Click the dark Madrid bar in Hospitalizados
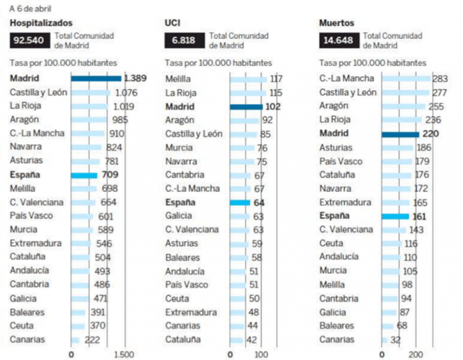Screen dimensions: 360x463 96,78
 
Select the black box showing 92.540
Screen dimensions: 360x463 29,41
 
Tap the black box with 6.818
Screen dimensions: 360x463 184,41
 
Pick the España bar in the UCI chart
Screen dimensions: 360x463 239,202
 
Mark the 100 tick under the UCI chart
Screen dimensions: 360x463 262,354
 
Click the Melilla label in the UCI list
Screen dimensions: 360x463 178,78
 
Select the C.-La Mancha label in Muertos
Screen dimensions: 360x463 346,78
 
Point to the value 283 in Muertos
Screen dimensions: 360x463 440,78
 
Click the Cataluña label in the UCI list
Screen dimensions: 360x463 183,339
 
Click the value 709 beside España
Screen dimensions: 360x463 110,175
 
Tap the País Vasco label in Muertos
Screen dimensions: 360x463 341,161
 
